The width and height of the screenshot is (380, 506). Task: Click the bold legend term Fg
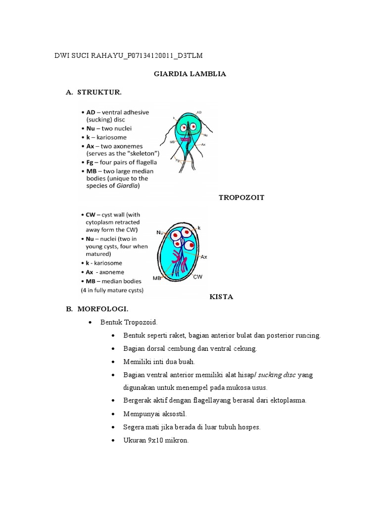point(91,162)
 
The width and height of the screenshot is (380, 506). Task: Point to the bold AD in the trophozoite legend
point(92,113)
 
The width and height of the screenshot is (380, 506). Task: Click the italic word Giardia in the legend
point(128,186)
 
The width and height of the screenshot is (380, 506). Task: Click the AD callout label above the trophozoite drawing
point(199,113)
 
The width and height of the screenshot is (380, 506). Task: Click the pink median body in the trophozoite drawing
point(186,139)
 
